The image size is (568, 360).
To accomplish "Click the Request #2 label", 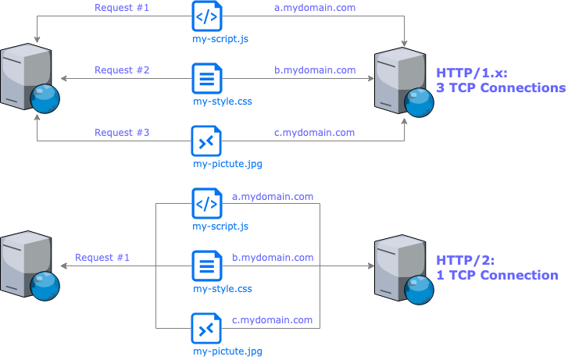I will pos(122,70).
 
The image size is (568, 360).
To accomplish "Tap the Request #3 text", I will pos(122,133).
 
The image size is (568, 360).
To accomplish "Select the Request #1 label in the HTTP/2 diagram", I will pos(102,258).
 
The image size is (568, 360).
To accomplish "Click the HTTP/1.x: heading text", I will pos(472,73).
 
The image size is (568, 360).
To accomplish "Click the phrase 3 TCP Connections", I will pos(500,88).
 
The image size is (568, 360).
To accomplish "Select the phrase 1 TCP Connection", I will pos(496,276).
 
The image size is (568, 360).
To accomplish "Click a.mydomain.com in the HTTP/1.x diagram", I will pos(315,8).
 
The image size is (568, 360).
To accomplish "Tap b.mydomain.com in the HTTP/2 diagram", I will pos(273,258).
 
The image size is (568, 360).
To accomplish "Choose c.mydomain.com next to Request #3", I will pos(315,133).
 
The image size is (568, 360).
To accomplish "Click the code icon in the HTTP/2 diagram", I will pos(207,205).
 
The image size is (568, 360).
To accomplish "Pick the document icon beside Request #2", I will pos(207,79).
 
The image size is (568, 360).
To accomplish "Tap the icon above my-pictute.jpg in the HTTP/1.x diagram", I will pos(207,141).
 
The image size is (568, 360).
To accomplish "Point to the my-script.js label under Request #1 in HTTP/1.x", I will pos(221,38).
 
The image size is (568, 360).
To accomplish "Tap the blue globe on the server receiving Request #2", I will pos(45,99).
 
